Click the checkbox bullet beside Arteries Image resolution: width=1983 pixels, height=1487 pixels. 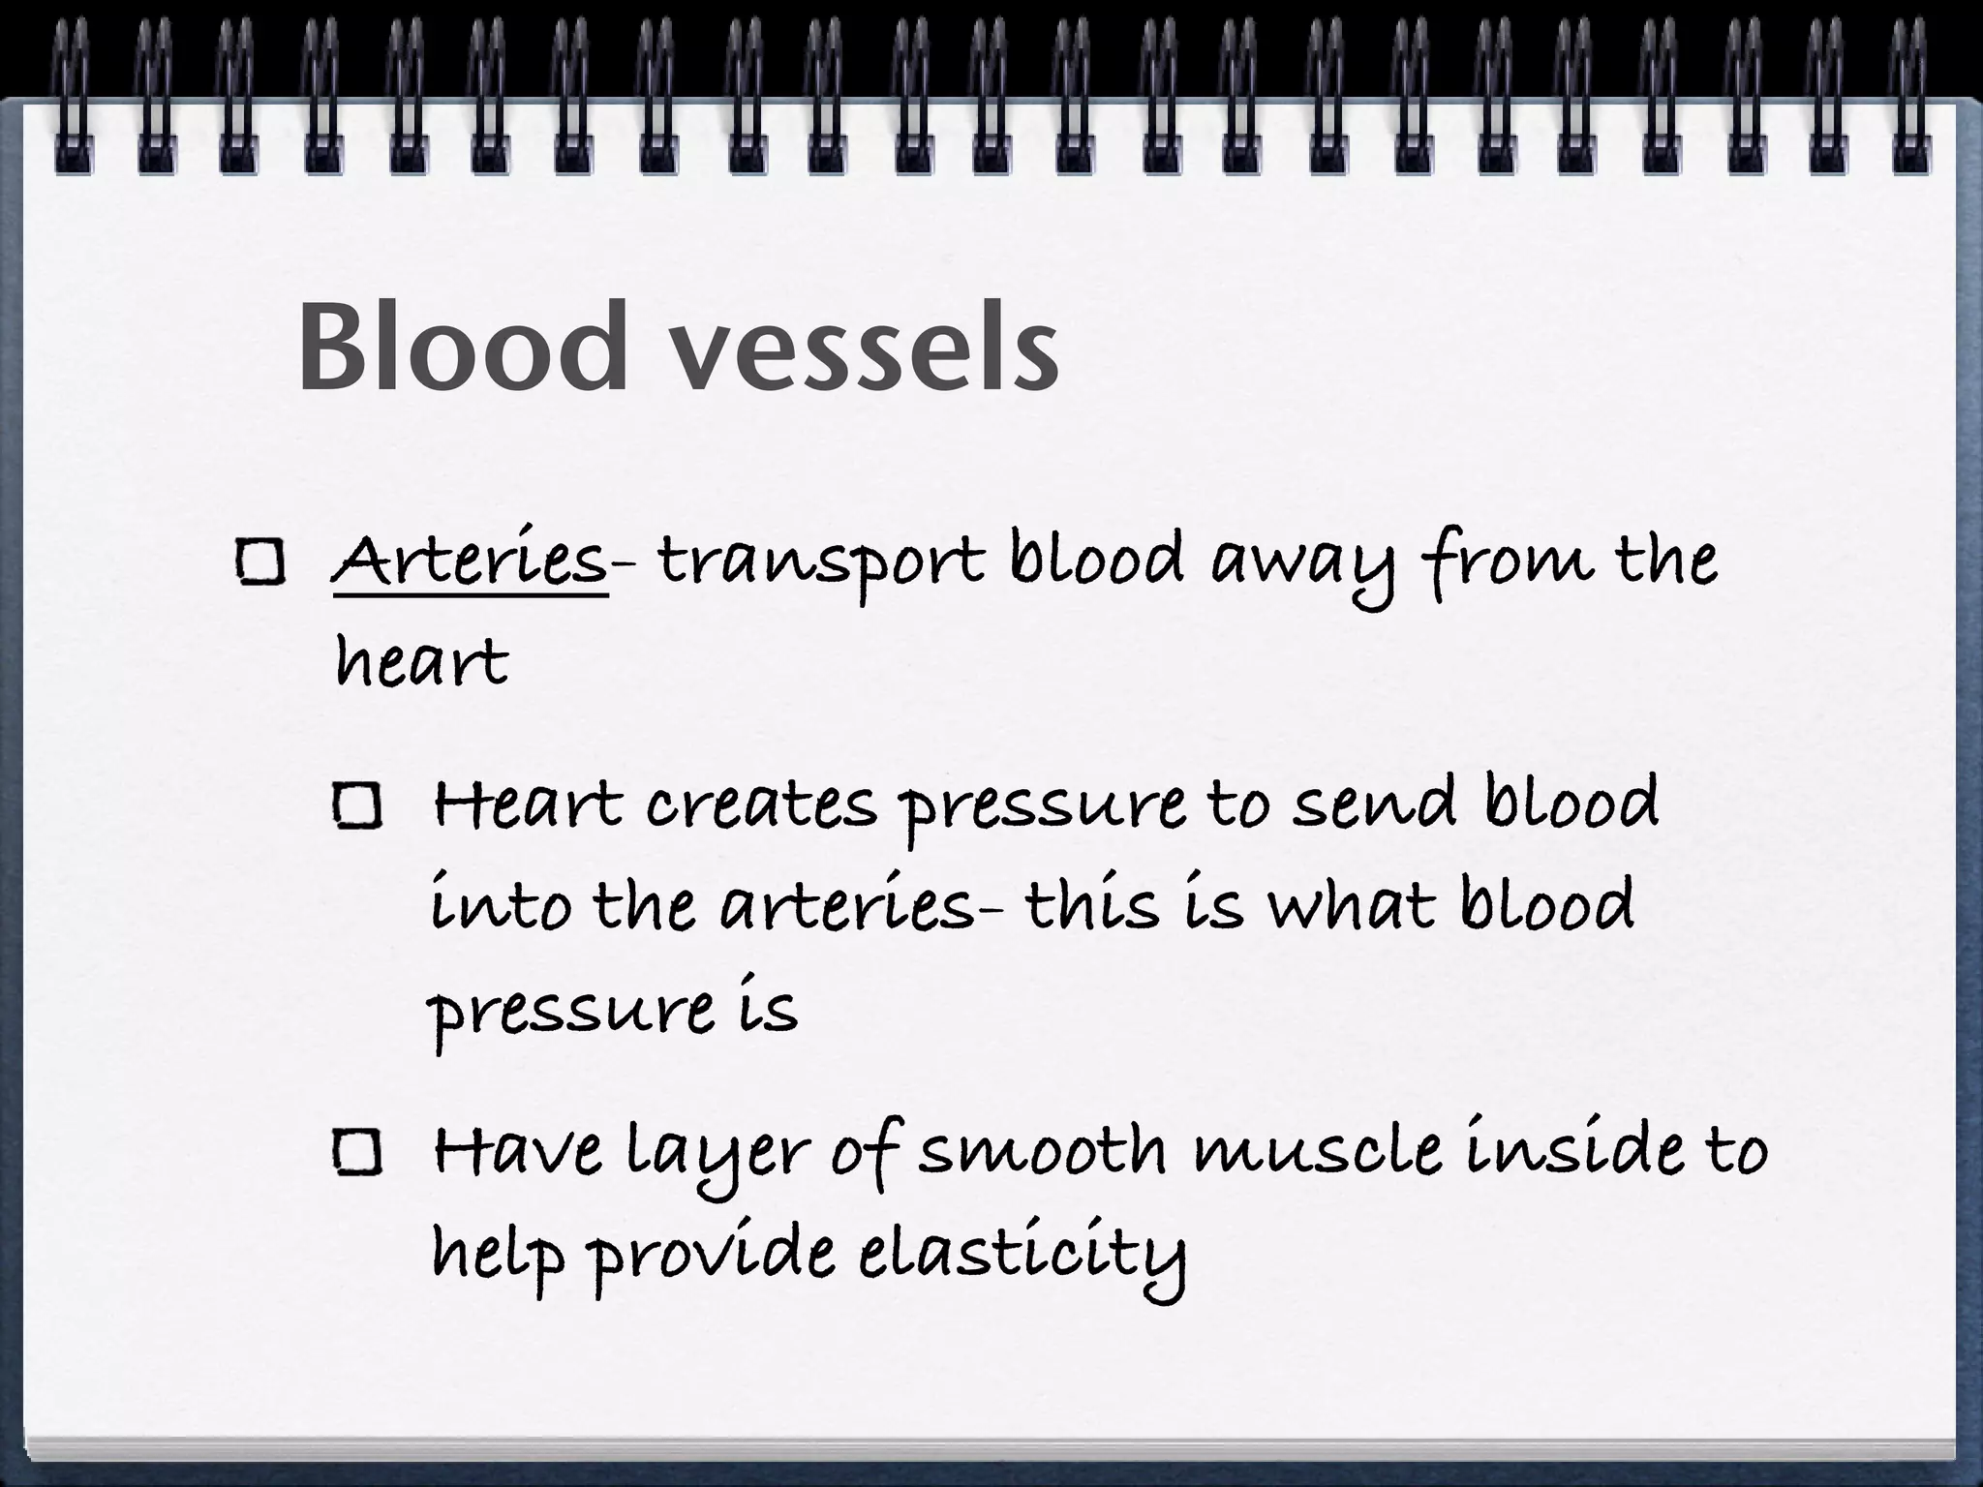coord(259,562)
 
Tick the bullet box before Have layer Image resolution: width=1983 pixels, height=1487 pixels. coord(357,1152)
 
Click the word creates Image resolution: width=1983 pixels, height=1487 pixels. coord(761,805)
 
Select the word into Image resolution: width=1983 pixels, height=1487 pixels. coord(500,905)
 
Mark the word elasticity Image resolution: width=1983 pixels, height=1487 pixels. coord(1022,1255)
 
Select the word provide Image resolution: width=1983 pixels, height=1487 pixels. coord(713,1255)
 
